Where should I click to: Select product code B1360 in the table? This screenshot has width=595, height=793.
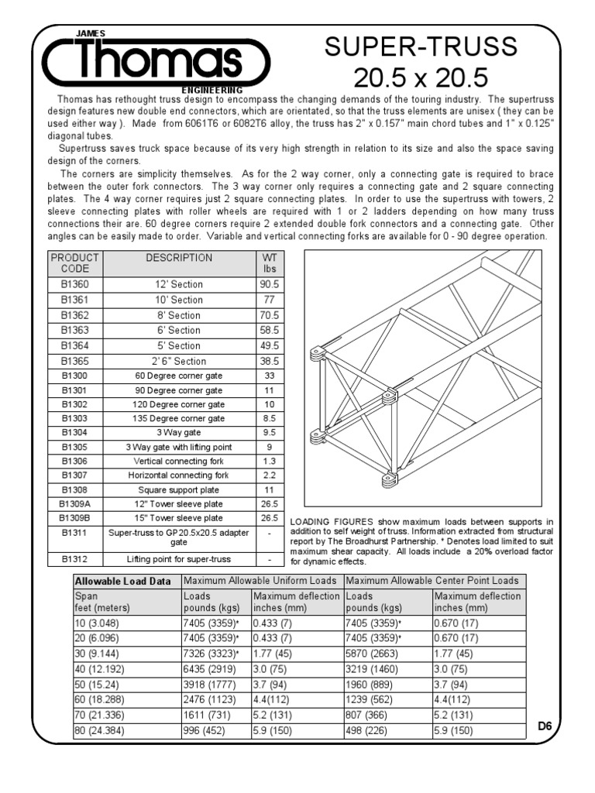[x=75, y=285]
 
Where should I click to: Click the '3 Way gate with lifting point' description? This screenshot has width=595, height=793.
[x=179, y=447]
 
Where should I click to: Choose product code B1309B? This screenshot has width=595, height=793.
[x=75, y=517]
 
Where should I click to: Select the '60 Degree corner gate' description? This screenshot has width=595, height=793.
[x=179, y=376]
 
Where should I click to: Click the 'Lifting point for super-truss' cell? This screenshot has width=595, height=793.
[x=179, y=558]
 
